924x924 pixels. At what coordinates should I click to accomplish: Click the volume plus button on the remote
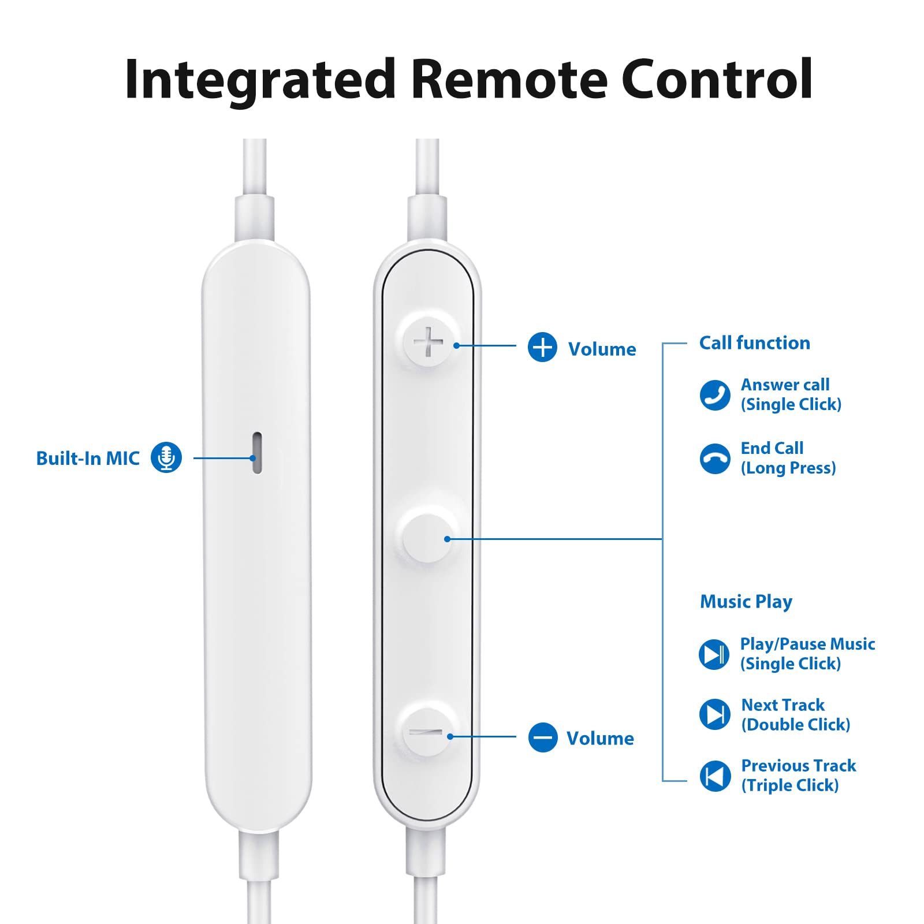click(x=428, y=341)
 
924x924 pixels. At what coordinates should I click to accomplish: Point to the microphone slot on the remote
click(x=257, y=453)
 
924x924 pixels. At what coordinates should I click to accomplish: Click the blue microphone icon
click(x=166, y=457)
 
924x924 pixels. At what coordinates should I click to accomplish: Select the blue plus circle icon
click(x=542, y=347)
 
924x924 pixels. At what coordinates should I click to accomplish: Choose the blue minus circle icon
click(x=543, y=737)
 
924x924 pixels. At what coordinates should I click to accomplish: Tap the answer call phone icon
click(x=715, y=395)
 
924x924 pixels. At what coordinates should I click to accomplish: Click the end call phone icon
click(x=715, y=459)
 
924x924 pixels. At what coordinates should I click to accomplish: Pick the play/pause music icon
click(x=714, y=654)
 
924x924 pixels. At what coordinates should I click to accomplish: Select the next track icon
click(x=715, y=714)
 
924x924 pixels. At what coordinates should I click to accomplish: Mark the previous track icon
click(x=715, y=776)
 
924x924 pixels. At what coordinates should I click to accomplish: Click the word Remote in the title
click(x=509, y=79)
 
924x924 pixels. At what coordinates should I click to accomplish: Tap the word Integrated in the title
click(x=259, y=79)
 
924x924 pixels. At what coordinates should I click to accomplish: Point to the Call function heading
click(x=754, y=343)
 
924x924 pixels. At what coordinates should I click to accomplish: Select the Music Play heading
click(x=746, y=602)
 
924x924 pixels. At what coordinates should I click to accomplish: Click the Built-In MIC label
click(x=88, y=459)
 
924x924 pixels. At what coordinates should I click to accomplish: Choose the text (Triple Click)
click(x=789, y=785)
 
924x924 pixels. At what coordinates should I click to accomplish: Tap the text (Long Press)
click(x=788, y=468)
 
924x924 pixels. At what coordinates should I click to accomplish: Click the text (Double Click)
click(x=795, y=725)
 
